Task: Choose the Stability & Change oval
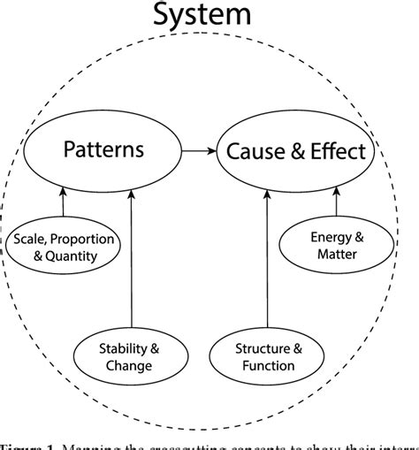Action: tap(132, 355)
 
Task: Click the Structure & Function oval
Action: tap(266, 355)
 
